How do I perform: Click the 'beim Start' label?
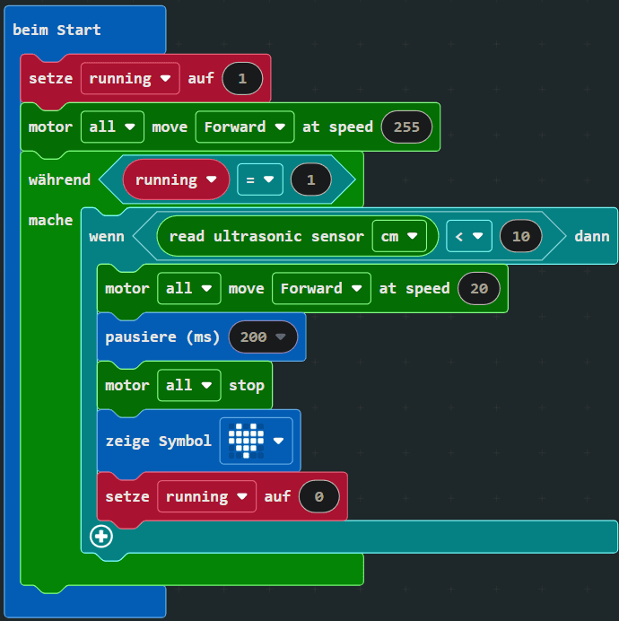pos(57,30)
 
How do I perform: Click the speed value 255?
pos(406,127)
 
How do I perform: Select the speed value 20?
pos(479,288)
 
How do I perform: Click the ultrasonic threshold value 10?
pos(521,236)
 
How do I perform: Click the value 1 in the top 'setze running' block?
pos(242,78)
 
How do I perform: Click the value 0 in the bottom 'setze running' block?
pos(318,496)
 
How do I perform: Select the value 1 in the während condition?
pos(311,179)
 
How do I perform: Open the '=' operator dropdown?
pos(259,179)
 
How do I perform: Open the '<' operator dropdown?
pos(468,236)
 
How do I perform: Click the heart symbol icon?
pos(248,441)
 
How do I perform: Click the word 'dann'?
pos(591,236)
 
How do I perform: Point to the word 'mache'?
pos(50,220)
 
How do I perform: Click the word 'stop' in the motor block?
pos(247,385)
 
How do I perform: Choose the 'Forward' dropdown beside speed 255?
pos(244,127)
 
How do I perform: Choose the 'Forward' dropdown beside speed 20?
pos(320,288)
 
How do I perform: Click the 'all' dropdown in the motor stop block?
pos(187,385)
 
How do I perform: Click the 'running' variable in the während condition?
pos(176,179)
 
